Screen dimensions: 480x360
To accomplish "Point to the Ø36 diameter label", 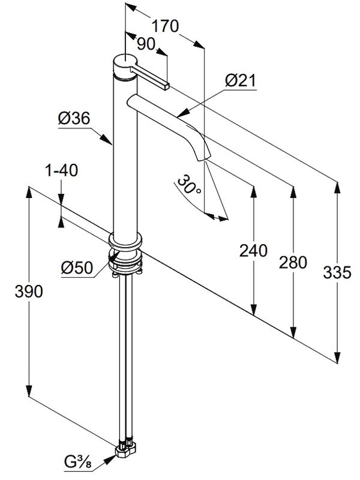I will [74, 119].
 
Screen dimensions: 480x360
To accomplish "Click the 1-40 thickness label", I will [61, 171].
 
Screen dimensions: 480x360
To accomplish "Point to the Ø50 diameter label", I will [77, 268].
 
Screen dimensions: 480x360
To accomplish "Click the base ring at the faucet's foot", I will [126, 242].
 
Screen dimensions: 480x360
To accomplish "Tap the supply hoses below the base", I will [126, 360].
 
